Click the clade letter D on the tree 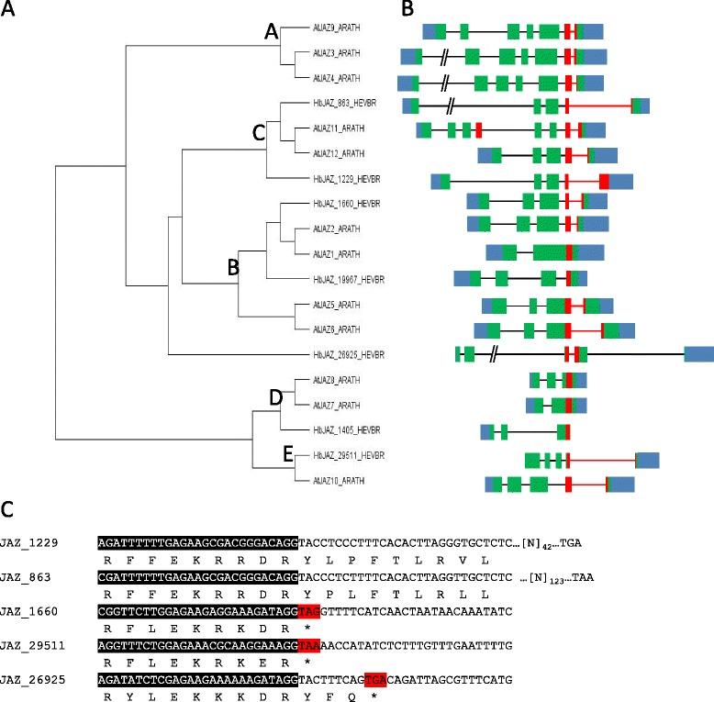275,397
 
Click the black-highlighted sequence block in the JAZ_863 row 198,578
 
